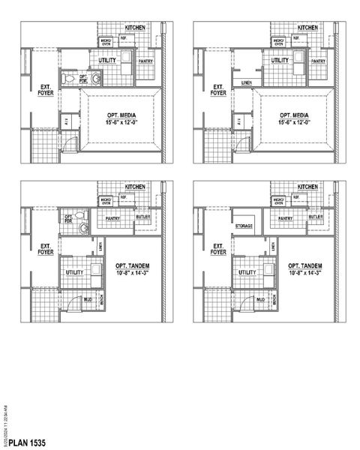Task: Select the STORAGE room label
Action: pyautogui.click(x=243, y=226)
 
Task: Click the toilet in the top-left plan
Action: pyautogui.click(x=68, y=78)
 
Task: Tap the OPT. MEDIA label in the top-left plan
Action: pyautogui.click(x=119, y=112)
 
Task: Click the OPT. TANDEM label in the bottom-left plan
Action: pyautogui.click(x=133, y=267)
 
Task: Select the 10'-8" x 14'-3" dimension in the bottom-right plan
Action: pyautogui.click(x=305, y=274)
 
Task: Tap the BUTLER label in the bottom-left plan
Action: pyautogui.click(x=143, y=217)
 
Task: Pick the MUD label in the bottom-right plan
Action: pyautogui.click(x=261, y=300)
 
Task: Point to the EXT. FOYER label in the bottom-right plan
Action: pyautogui.click(x=218, y=250)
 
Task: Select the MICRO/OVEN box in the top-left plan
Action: pyautogui.click(x=106, y=41)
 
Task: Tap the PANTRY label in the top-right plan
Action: pyautogui.click(x=318, y=61)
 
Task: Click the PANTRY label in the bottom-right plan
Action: pyautogui.click(x=286, y=218)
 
